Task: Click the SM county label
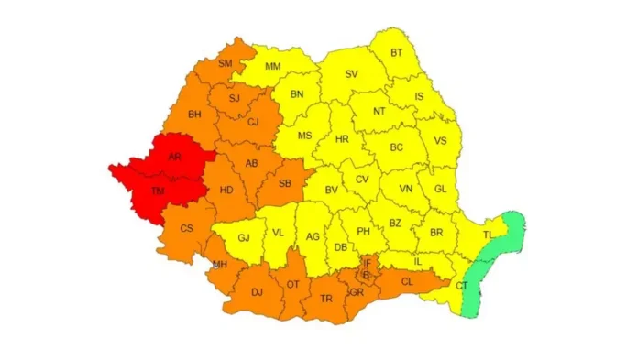tap(225, 63)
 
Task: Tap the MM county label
tap(273, 67)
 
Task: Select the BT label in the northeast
tap(396, 53)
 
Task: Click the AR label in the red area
tap(174, 157)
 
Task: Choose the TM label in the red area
tap(159, 191)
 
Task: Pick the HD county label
tap(225, 191)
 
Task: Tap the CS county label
tap(186, 228)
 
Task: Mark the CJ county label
tap(254, 121)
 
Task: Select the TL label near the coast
tap(487, 235)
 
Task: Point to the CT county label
tap(461, 286)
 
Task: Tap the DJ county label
tap(244, 293)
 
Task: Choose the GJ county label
tap(244, 238)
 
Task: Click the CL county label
tap(408, 282)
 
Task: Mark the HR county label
tap(343, 139)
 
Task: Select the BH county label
tap(194, 115)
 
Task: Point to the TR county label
tap(325, 299)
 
